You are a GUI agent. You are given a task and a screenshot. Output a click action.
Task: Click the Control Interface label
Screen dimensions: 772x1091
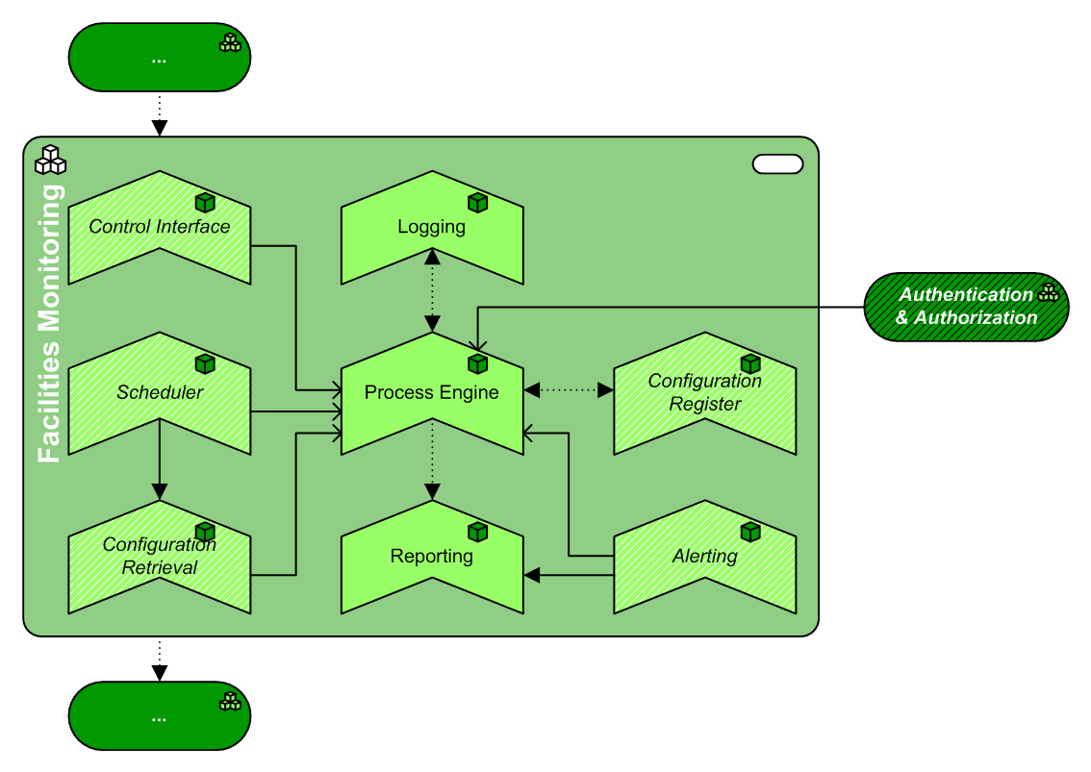[160, 227]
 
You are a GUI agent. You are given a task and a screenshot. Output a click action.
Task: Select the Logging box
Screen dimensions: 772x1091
[432, 240]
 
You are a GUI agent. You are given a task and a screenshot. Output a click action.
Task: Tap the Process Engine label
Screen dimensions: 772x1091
[432, 392]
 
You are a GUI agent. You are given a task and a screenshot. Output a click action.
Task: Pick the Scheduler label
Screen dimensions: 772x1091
[160, 392]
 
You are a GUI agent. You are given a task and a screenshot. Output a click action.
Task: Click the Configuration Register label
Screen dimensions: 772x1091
[705, 392]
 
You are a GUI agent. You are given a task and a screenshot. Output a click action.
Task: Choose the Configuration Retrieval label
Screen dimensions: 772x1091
[160, 556]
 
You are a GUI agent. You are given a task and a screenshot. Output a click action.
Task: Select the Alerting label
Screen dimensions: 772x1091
[705, 556]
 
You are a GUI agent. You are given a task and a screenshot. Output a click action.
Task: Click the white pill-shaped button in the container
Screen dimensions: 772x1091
[777, 164]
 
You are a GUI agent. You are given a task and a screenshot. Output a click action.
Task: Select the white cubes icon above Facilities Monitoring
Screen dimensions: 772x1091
[50, 160]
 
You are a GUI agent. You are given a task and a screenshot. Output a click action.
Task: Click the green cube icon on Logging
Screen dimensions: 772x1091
[478, 203]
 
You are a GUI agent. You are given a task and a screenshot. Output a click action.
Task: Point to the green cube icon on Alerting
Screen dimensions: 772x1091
[750, 532]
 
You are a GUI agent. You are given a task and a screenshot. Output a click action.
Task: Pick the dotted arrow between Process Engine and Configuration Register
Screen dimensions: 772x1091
[569, 390]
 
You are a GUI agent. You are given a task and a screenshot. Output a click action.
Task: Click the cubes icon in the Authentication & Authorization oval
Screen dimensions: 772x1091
[1048, 292]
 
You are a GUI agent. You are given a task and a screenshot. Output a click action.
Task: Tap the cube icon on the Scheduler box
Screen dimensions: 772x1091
[205, 364]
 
